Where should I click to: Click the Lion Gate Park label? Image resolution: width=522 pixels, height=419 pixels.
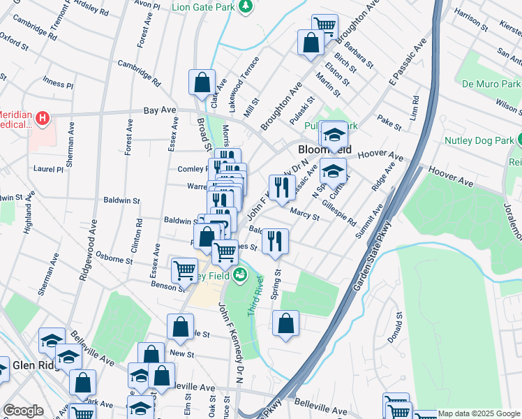click(202, 7)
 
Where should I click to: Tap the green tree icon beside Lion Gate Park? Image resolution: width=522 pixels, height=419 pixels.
click(246, 7)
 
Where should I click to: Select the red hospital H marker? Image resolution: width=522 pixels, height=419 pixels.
click(43, 119)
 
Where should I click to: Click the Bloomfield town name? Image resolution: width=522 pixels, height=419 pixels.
click(324, 150)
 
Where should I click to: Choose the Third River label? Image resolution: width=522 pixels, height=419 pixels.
click(255, 294)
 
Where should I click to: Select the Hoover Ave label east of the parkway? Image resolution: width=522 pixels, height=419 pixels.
click(451, 178)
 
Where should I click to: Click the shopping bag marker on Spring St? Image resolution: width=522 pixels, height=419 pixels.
click(285, 323)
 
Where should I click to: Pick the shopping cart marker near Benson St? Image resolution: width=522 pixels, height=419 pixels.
click(184, 270)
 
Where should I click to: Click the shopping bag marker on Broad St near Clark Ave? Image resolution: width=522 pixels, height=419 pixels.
click(202, 82)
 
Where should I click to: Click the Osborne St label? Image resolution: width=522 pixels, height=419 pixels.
click(114, 257)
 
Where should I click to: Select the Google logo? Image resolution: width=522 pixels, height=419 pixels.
click(24, 411)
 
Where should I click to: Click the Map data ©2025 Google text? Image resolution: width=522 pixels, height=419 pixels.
click(478, 413)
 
